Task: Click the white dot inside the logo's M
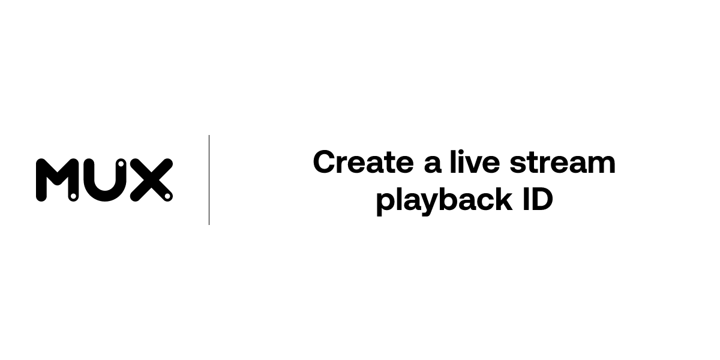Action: point(73,196)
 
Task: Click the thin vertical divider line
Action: point(209,180)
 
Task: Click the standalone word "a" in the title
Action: point(432,164)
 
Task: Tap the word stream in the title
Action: point(562,163)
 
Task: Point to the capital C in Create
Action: point(325,163)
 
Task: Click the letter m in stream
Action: point(602,165)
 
